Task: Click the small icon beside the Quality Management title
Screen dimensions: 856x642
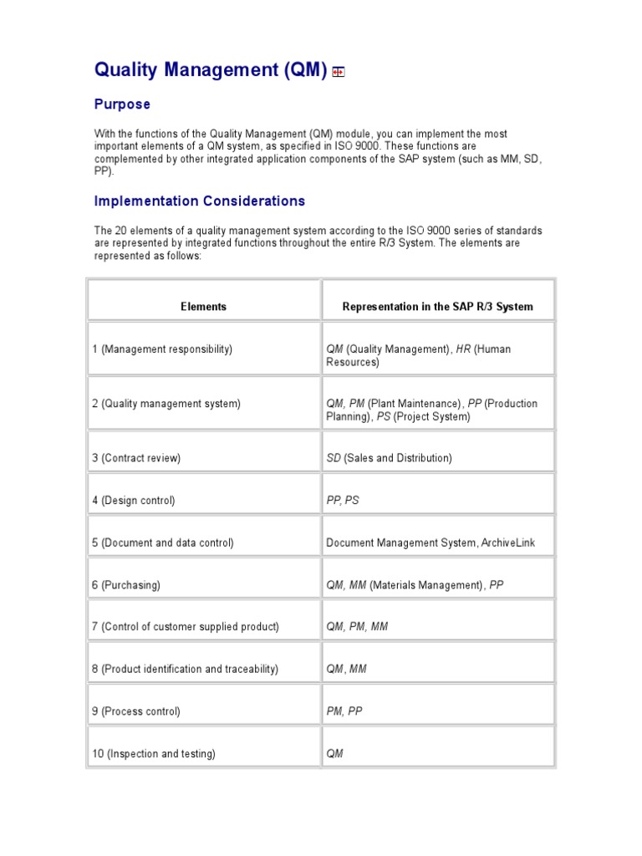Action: tap(338, 73)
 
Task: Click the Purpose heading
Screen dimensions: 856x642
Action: tap(122, 104)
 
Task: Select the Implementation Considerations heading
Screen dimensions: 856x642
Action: tap(199, 201)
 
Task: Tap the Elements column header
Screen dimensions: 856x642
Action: tap(203, 307)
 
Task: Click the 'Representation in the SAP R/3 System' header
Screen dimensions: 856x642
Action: tap(437, 307)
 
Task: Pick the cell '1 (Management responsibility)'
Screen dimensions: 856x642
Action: tap(162, 349)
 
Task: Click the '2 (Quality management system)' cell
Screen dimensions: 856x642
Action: tap(166, 404)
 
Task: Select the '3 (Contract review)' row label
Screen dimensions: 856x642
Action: tap(136, 458)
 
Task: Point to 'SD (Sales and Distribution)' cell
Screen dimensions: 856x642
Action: tap(389, 458)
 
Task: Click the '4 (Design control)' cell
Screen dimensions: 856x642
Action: tap(133, 501)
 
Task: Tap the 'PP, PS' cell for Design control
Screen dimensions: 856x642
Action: tap(343, 501)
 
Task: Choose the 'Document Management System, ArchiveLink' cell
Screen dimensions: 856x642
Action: tap(430, 543)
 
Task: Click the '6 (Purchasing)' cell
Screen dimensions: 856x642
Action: tap(126, 586)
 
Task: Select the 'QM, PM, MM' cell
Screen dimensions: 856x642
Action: tap(357, 627)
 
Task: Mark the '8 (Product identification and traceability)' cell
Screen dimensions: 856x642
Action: tap(185, 670)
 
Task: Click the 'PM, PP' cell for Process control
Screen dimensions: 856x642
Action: tap(344, 712)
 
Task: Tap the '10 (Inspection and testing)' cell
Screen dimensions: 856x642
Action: tap(153, 754)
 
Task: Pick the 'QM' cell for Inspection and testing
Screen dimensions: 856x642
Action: tap(334, 754)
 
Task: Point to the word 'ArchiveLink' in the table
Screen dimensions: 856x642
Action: tap(507, 543)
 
